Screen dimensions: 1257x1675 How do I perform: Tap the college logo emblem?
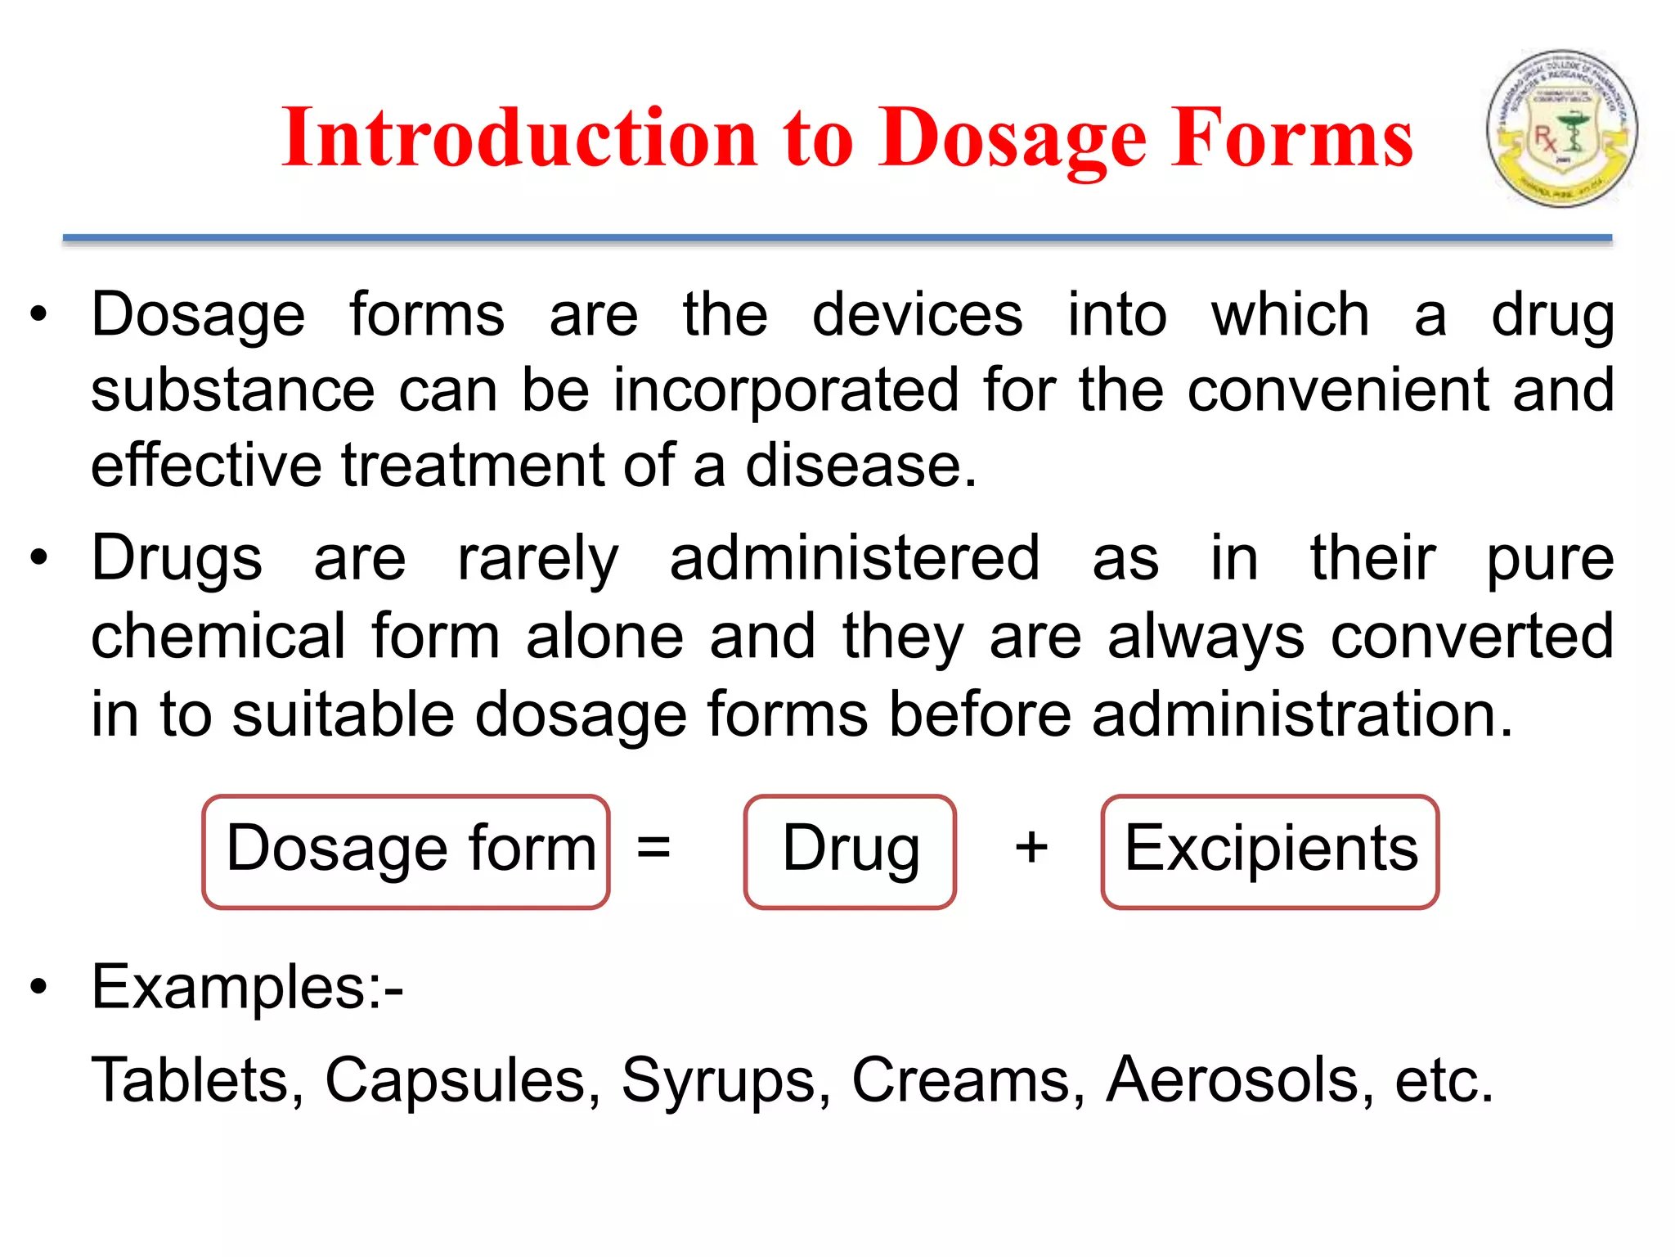[1561, 128]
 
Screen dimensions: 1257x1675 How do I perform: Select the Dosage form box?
[406, 851]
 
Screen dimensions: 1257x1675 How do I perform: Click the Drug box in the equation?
[850, 851]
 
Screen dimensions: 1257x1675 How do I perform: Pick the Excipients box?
[1269, 851]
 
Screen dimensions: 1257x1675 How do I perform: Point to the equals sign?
[653, 847]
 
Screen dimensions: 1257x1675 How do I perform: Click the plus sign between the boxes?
[1031, 847]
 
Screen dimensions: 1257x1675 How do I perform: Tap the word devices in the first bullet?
[917, 315]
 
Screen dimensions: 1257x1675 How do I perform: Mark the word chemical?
[218, 637]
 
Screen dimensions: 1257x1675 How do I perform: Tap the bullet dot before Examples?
[38, 987]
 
